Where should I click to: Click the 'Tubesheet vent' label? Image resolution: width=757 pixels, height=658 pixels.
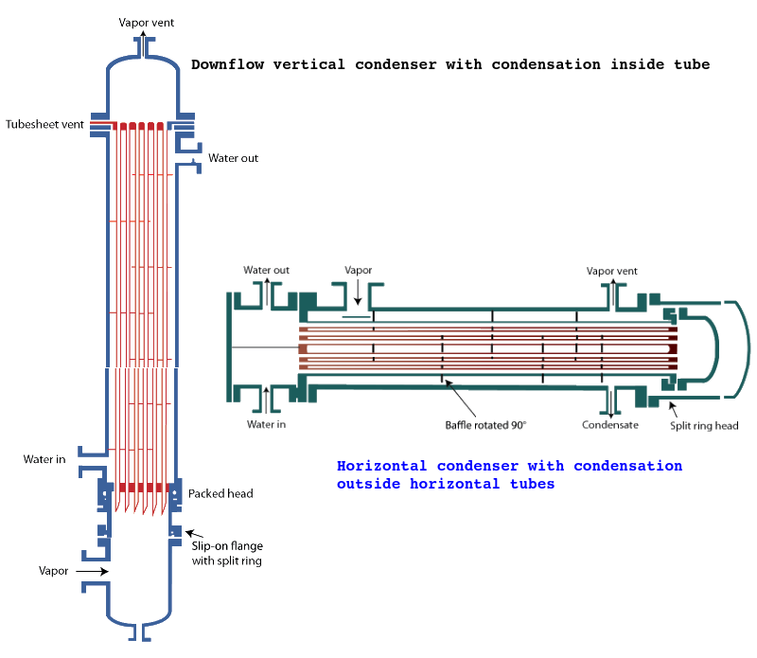coord(45,124)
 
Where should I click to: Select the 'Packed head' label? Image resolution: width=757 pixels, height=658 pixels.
coord(220,493)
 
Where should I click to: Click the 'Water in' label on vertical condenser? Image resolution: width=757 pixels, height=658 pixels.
coord(44,459)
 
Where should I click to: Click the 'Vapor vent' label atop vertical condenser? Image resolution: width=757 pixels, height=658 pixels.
coord(147,21)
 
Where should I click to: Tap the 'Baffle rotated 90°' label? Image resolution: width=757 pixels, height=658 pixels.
coord(485,424)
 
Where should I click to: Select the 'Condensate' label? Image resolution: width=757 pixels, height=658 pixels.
coord(610,424)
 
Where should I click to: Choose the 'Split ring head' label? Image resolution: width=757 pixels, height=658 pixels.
coord(704,425)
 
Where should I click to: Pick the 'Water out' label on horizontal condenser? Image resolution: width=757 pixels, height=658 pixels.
coord(266,270)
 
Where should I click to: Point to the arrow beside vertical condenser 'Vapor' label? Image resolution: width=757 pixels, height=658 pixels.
coord(92,572)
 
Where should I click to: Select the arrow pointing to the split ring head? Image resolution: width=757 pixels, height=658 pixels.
coord(674,407)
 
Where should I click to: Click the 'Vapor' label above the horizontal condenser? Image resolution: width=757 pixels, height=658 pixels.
coord(359,270)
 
